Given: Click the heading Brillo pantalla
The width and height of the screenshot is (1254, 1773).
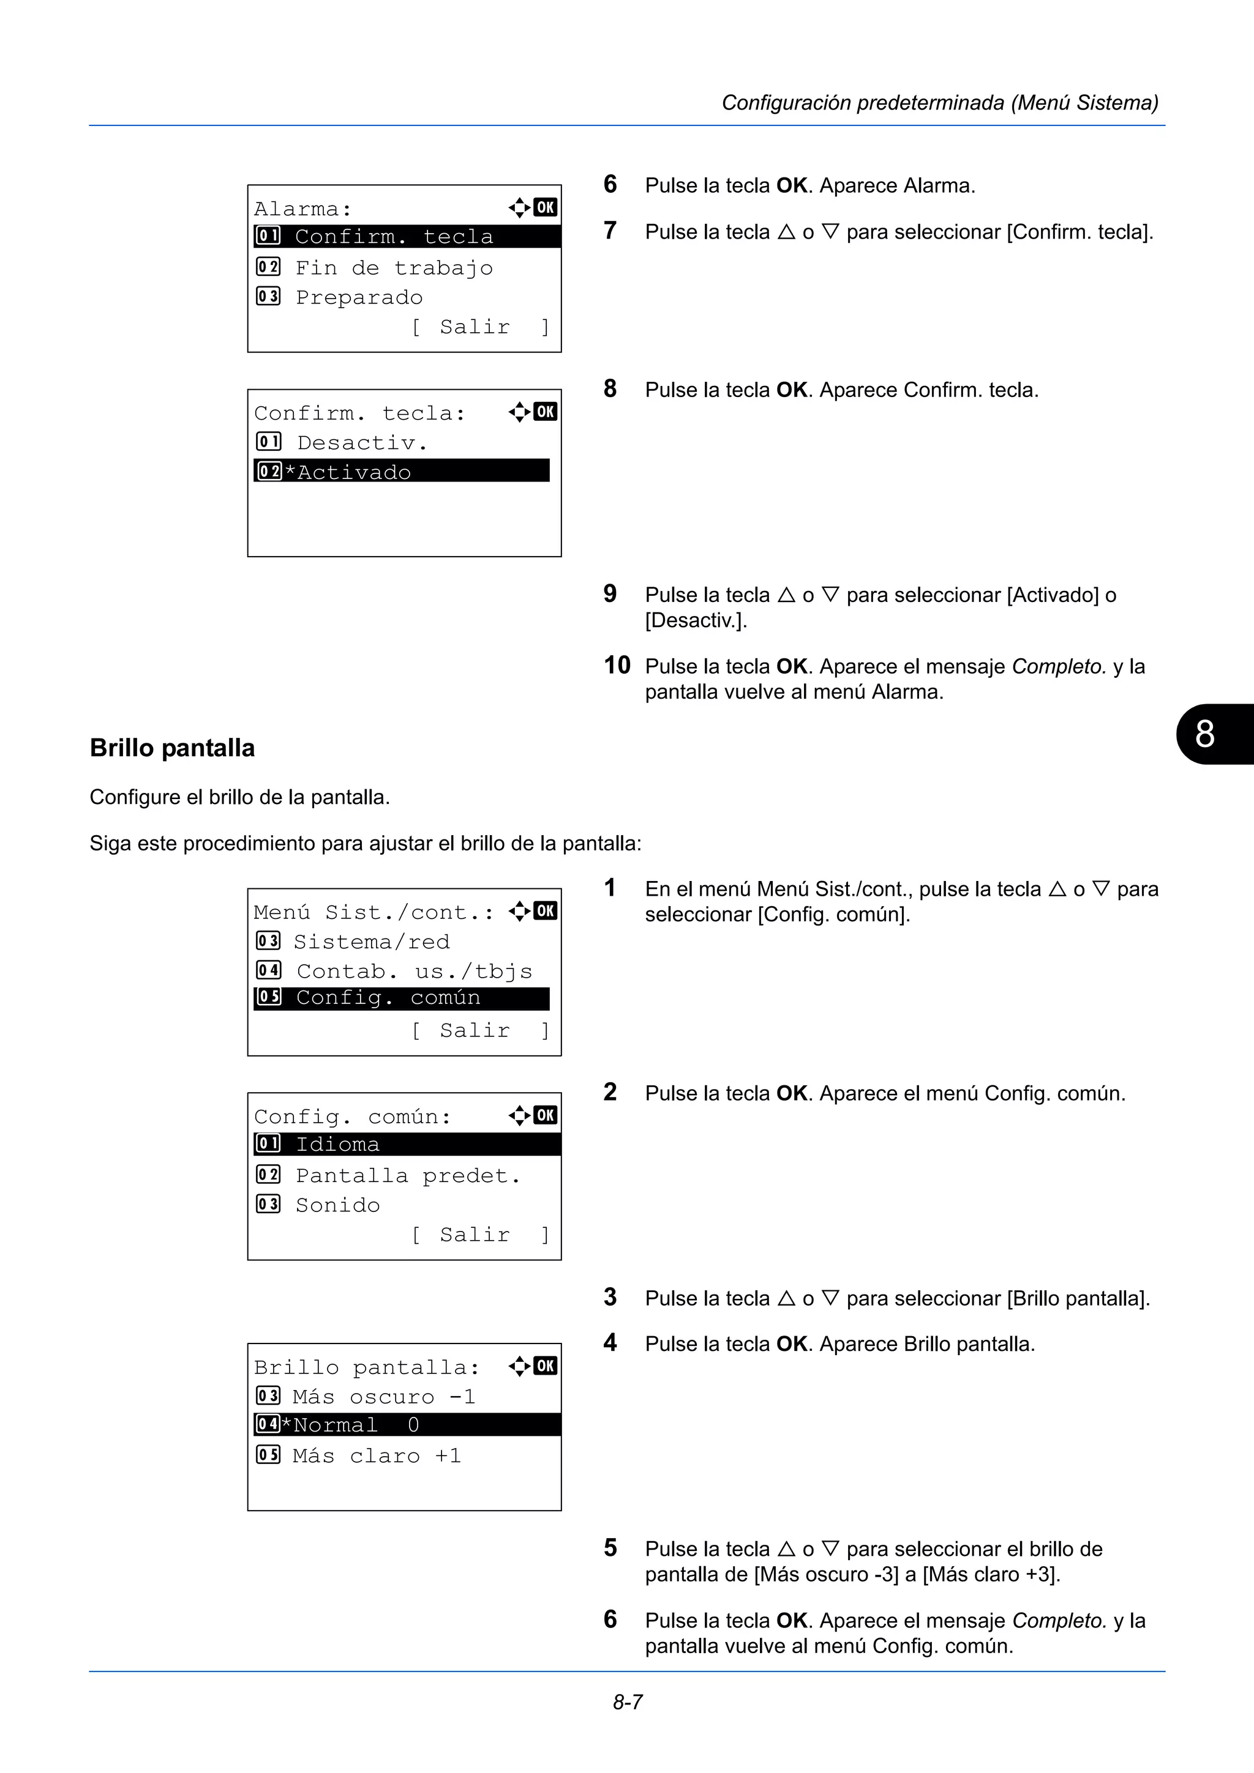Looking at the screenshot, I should (x=171, y=748).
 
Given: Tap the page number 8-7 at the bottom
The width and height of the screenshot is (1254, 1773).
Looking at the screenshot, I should (x=628, y=1702).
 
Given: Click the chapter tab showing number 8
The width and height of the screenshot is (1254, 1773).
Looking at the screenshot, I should (x=1210, y=734).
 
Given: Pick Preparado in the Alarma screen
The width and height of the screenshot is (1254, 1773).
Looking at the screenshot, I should (x=359, y=297).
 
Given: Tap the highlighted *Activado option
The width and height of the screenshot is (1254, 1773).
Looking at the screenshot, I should (x=401, y=471).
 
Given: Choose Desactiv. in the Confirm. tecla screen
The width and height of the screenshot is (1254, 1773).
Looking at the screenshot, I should (x=362, y=442).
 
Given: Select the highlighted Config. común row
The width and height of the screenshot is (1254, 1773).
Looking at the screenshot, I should (x=401, y=998).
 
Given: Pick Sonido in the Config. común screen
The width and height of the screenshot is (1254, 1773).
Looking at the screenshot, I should (x=337, y=1205).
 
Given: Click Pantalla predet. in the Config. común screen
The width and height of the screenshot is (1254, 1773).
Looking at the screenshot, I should (x=407, y=1175).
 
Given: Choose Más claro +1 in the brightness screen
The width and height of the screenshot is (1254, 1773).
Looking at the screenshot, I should (x=377, y=1455).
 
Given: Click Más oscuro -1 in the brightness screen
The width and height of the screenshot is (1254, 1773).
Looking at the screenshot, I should (x=383, y=1396).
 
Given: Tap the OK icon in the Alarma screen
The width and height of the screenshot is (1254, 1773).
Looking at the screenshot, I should (x=545, y=207).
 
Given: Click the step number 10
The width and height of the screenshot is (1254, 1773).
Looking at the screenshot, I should (x=617, y=665).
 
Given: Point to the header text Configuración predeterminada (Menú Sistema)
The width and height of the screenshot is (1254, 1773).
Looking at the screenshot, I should (x=939, y=103).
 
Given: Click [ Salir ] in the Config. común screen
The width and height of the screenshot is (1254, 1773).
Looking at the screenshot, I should (x=479, y=1235).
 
